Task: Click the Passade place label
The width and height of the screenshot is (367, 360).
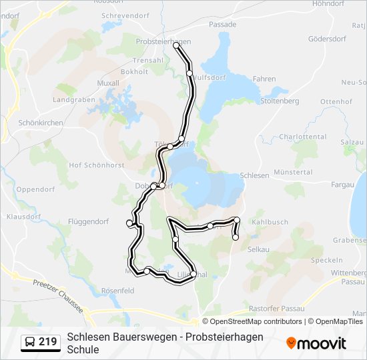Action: click(222, 25)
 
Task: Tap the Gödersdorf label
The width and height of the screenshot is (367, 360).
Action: click(327, 39)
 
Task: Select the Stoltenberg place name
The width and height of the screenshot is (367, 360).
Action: click(280, 101)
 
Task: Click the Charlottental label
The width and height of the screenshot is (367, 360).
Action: click(302, 137)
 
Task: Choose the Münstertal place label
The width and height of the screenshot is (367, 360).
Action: click(292, 172)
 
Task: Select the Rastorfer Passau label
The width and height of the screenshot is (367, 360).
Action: click(276, 309)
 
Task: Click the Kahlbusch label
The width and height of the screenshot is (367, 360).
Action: click(270, 222)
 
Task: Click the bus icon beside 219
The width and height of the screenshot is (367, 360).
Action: click(30, 343)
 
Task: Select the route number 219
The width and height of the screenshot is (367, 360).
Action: click(47, 343)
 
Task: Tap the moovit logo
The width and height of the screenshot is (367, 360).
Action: click(316, 343)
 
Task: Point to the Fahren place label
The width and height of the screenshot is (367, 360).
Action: click(264, 79)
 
